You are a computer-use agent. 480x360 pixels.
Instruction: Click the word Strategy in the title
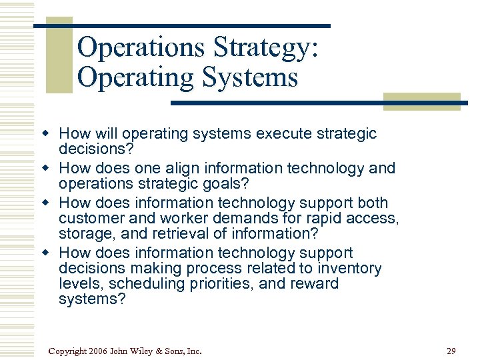point(265,48)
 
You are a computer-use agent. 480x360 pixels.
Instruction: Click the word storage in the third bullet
point(83,233)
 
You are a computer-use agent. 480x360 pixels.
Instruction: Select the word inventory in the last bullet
point(349,269)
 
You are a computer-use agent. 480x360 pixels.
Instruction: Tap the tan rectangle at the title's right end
point(422,101)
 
